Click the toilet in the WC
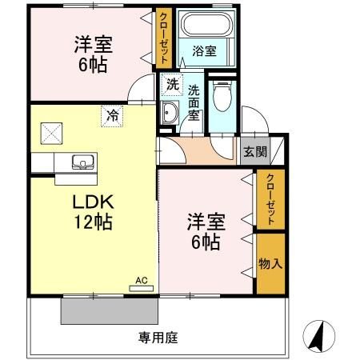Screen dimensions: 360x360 click(222, 99)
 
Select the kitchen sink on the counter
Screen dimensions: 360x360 click(82, 162)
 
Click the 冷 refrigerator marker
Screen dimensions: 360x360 click(113, 116)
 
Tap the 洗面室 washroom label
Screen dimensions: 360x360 click(194, 102)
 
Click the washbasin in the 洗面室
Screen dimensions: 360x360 click(170, 113)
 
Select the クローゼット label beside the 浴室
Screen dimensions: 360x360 click(163, 38)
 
